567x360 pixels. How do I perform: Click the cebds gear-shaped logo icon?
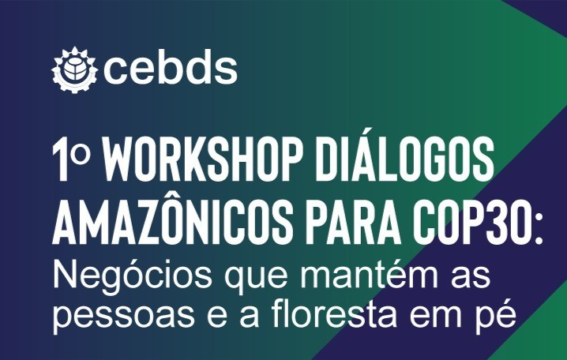tap(74, 69)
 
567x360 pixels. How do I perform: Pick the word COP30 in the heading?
tap(469, 223)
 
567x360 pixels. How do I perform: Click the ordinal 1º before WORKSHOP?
tap(71, 159)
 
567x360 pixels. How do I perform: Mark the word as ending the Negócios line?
tap(474, 279)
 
